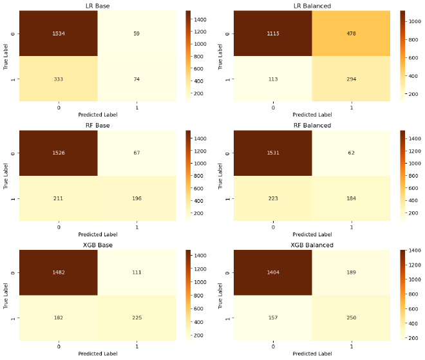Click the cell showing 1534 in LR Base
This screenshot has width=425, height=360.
tap(59, 33)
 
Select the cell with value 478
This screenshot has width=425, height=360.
tap(351, 33)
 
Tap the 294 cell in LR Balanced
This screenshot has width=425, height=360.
tap(351, 78)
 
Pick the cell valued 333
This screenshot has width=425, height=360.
tap(59, 78)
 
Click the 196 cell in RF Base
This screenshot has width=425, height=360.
tap(137, 198)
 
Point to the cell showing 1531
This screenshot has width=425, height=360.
tap(273, 153)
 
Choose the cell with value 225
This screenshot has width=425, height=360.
tap(137, 317)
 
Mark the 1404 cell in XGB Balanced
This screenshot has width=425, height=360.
tap(273, 272)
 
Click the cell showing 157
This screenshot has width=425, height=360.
tap(273, 317)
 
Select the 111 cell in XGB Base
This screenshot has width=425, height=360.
tap(137, 272)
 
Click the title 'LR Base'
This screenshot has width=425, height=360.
tap(97, 6)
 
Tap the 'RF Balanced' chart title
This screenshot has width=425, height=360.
tap(312, 126)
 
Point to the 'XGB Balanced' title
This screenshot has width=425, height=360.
tap(312, 245)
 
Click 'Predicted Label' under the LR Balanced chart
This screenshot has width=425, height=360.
tap(312, 115)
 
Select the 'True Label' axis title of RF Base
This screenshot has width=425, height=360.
tap(5, 175)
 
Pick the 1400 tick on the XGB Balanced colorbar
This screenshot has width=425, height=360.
tap(410, 251)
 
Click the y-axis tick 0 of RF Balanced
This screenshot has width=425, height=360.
tap(227, 153)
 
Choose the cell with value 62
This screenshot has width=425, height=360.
tap(351, 153)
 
